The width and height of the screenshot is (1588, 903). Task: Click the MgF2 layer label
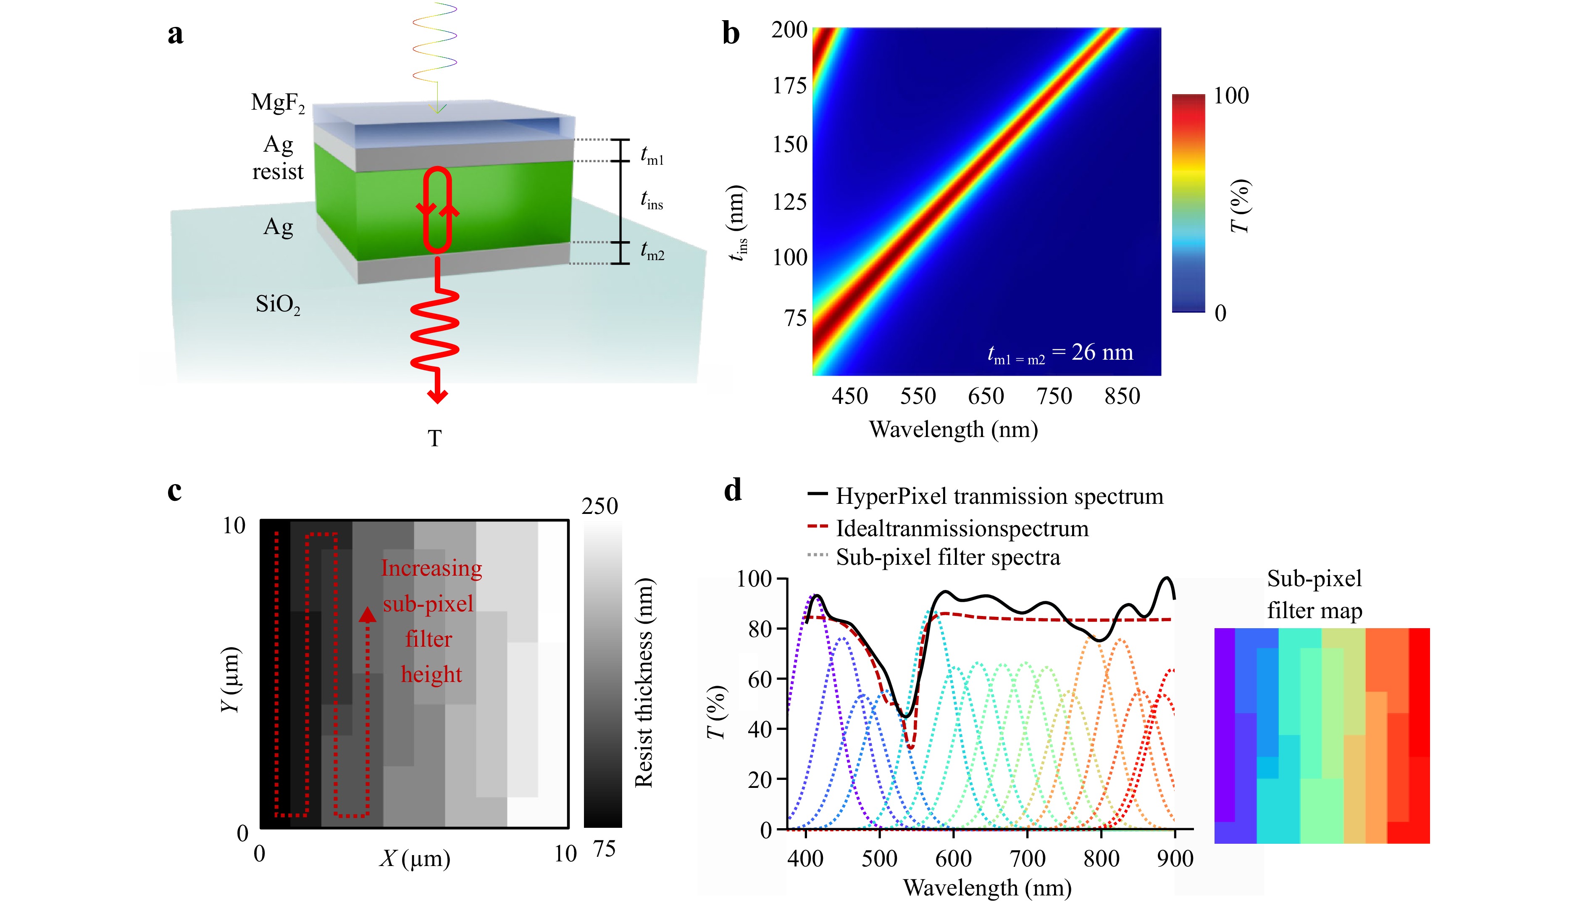[278, 103]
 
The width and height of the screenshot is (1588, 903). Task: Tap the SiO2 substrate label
[278, 305]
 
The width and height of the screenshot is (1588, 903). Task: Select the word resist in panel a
[278, 172]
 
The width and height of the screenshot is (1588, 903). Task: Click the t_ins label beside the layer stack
[652, 200]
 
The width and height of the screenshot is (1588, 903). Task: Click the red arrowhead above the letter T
[438, 396]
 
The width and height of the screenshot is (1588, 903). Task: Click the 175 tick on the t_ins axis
[789, 86]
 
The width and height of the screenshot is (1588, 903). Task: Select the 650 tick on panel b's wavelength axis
[986, 396]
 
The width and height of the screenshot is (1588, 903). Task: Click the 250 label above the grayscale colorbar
[599, 506]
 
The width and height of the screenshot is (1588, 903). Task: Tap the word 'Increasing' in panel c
[431, 568]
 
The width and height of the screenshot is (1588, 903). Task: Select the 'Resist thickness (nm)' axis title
[644, 683]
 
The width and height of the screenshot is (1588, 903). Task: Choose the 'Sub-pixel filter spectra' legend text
[947, 557]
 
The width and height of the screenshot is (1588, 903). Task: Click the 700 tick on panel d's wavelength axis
[1028, 858]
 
